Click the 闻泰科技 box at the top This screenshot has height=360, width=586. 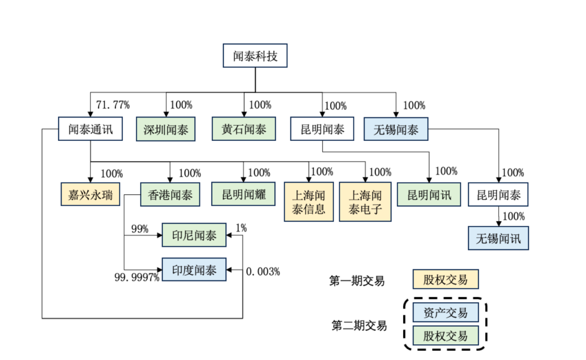click(x=255, y=56)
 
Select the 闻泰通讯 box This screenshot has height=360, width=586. click(x=91, y=129)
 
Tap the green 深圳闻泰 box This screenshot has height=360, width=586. click(x=166, y=129)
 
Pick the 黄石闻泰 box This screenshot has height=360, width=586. click(x=244, y=129)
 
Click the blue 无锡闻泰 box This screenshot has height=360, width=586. click(x=395, y=129)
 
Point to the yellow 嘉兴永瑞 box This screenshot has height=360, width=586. click(x=90, y=195)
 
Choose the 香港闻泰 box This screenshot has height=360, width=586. click(x=170, y=195)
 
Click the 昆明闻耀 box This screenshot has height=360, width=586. click(x=244, y=195)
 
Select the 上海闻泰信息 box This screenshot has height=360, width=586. click(x=309, y=202)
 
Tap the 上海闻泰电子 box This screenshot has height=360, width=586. click(x=365, y=202)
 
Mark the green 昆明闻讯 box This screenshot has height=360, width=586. click(x=429, y=195)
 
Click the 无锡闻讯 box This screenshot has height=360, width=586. click(x=498, y=238)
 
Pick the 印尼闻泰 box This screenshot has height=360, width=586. click(x=194, y=236)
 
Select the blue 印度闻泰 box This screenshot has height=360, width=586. click(x=194, y=270)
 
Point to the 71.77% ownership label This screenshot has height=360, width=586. click(x=112, y=105)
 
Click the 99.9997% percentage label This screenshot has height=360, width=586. click(x=137, y=277)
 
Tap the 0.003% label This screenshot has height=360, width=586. click(x=263, y=272)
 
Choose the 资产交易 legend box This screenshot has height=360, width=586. click(x=445, y=313)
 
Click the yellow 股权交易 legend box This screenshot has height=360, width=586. click(x=445, y=280)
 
